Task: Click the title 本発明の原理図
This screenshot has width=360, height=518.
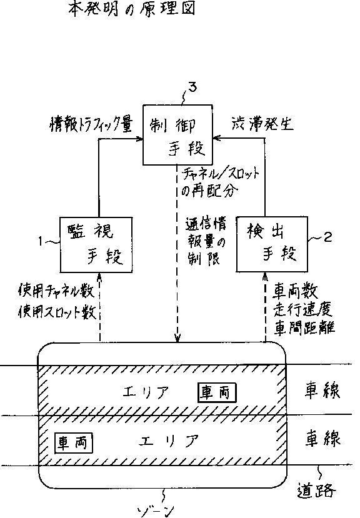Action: (131, 8)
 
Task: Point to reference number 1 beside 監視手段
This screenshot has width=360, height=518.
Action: (41, 242)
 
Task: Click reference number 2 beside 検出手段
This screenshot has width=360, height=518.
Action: (327, 237)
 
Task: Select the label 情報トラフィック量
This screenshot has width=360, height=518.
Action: (91, 124)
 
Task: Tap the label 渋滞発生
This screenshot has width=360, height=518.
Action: (262, 124)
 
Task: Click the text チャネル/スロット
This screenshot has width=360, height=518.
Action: (221, 173)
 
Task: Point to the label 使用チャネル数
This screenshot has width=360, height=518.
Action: (56, 291)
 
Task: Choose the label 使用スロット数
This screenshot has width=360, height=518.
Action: (57, 312)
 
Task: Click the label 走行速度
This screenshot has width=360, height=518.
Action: (302, 309)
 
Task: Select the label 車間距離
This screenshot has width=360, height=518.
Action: (304, 327)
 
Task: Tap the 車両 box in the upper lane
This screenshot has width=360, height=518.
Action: (217, 393)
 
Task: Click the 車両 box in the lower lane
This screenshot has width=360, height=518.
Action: (73, 442)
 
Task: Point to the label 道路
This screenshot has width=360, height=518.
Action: (316, 491)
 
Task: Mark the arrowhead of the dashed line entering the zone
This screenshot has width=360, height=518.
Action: (178, 338)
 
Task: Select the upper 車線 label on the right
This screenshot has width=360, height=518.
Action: (322, 390)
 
